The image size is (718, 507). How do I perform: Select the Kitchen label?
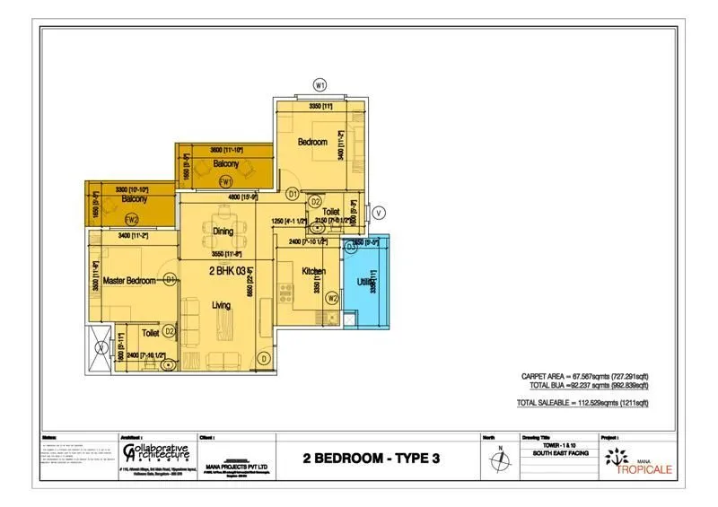pyautogui.click(x=313, y=271)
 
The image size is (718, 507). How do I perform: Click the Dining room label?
pyautogui.click(x=223, y=232)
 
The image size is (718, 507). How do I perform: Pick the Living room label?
pyautogui.click(x=220, y=305)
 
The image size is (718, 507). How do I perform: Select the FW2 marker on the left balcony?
pyautogui.click(x=132, y=219)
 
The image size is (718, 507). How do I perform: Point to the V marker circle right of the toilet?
pyautogui.click(x=379, y=213)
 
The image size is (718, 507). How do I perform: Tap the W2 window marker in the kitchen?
pyautogui.click(x=332, y=299)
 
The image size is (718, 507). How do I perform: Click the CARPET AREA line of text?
pyautogui.click(x=584, y=377)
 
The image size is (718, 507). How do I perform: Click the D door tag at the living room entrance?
pyautogui.click(x=264, y=359)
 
